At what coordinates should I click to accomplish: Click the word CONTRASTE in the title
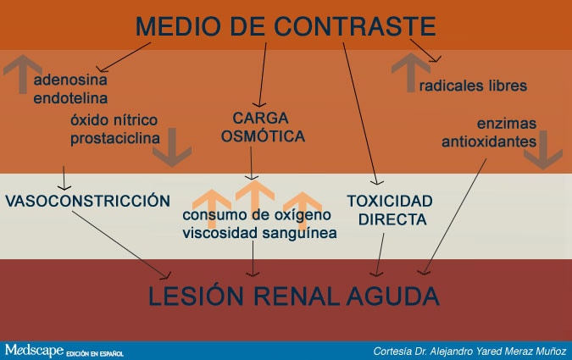(x=355, y=26)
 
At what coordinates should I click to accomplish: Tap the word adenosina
(x=70, y=80)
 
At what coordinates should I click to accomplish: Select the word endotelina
(x=70, y=98)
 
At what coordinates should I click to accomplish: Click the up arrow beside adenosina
(x=23, y=74)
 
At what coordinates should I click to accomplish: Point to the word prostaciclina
(x=115, y=139)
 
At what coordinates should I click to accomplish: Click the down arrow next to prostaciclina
(x=172, y=147)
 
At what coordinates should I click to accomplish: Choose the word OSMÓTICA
(x=263, y=136)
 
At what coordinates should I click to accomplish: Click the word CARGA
(x=260, y=119)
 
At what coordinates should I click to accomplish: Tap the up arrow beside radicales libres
(x=411, y=73)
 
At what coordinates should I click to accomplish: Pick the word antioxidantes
(x=489, y=141)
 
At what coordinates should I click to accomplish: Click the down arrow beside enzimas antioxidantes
(x=543, y=150)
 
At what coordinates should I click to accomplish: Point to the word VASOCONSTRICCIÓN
(x=87, y=201)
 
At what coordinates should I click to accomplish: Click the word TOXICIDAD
(x=390, y=201)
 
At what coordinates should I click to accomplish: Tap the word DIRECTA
(x=392, y=219)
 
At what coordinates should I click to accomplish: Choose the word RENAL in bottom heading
(x=297, y=296)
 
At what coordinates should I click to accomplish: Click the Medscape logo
(x=34, y=350)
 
